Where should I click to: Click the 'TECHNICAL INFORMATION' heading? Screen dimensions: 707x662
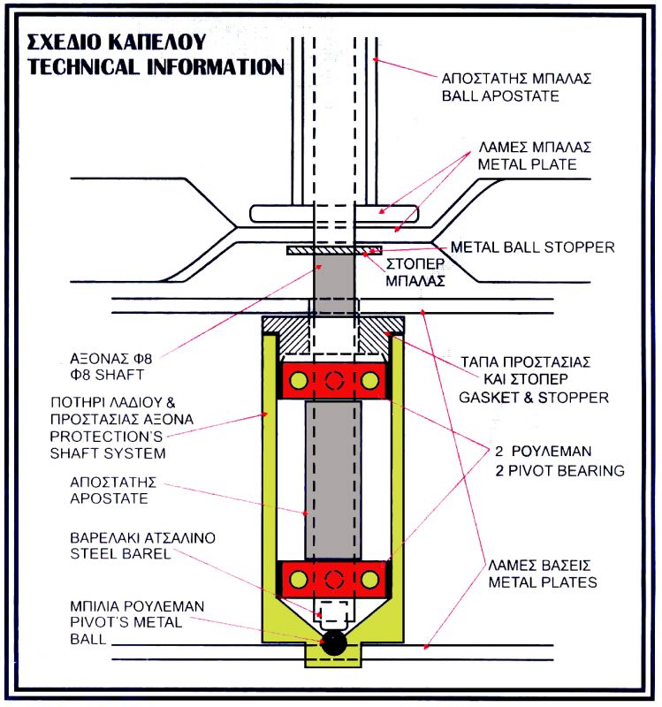[156, 66]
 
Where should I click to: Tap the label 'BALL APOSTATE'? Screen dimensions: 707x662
[500, 95]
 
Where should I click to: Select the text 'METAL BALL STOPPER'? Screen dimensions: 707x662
[533, 247]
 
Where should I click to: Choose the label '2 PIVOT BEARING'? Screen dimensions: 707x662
[558, 471]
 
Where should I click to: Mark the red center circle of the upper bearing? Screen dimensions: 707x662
[333, 382]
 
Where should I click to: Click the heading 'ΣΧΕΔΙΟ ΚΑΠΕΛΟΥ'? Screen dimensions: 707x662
[115, 42]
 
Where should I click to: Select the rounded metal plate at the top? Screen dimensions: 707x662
[334, 212]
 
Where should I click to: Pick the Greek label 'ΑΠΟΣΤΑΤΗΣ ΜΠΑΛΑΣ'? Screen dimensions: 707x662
[515, 78]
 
